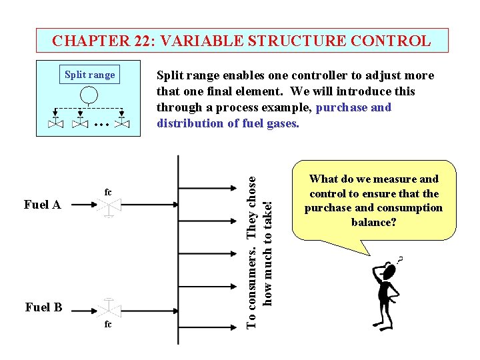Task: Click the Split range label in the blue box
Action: (89, 75)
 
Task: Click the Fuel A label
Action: (43, 205)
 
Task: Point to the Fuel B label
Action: (43, 307)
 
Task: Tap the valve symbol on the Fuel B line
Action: (108, 309)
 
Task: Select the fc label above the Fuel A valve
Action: (107, 193)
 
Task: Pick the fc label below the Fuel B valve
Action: (108, 325)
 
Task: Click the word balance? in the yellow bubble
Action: (373, 221)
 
